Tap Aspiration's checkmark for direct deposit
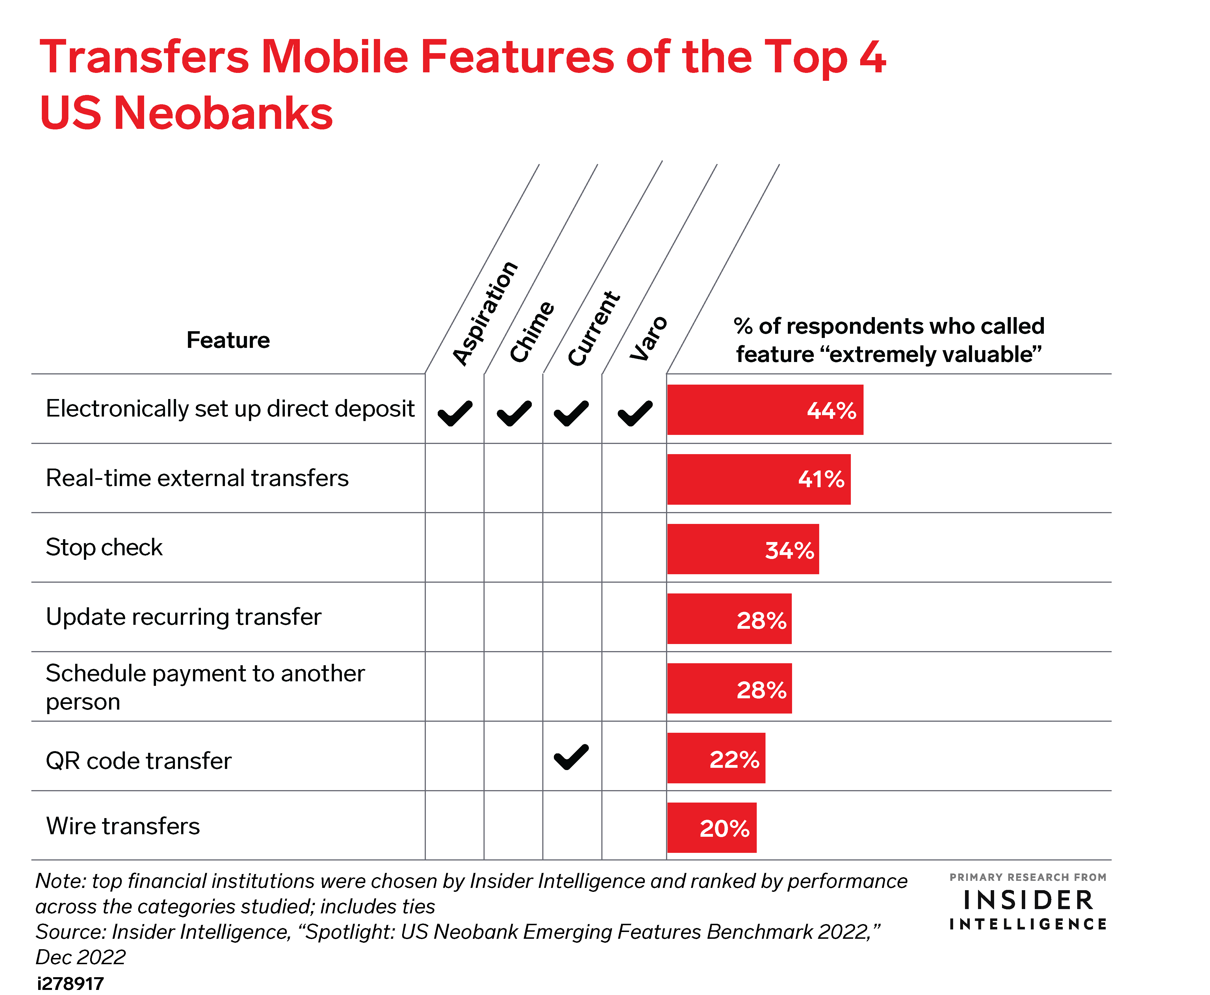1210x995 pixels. tap(455, 413)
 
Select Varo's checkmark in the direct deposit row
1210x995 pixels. tap(635, 413)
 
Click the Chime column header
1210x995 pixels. tap(532, 332)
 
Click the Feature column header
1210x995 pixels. tap(228, 340)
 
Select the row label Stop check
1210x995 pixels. tap(104, 547)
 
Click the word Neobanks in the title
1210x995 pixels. tap(224, 112)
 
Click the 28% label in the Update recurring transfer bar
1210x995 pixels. tap(761, 620)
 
